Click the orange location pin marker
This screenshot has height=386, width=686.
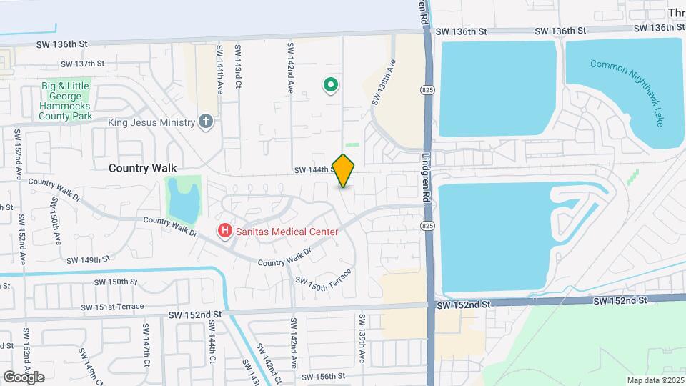pyautogui.click(x=344, y=170)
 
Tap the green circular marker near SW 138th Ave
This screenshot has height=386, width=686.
pyautogui.click(x=331, y=86)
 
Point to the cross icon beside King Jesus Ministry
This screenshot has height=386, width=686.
pyautogui.click(x=207, y=122)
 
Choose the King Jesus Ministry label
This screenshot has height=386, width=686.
pyautogui.click(x=151, y=122)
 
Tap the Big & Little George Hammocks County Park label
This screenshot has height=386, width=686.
pyautogui.click(x=66, y=101)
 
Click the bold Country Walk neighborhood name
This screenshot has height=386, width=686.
pyautogui.click(x=142, y=167)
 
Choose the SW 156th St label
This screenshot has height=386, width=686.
pyautogui.click(x=323, y=376)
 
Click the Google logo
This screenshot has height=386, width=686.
pyautogui.click(x=24, y=377)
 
